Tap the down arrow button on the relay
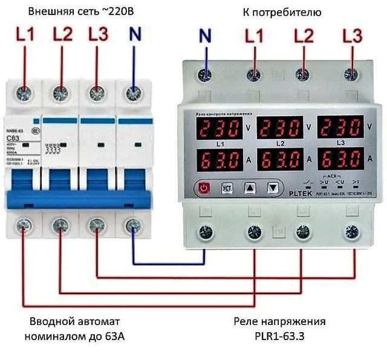coord(275,188)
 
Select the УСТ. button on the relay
coord(227,188)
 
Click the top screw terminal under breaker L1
coord(25,94)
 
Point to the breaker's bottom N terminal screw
coord(131,225)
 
